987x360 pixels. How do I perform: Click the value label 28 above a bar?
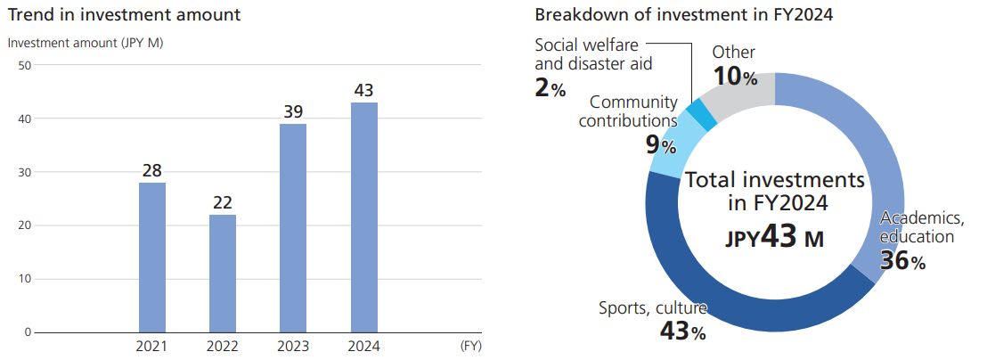pyautogui.click(x=152, y=170)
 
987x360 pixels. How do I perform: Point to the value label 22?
pyautogui.click(x=223, y=202)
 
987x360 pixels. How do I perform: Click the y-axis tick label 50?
pyautogui.click(x=24, y=65)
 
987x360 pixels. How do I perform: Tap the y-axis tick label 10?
pyautogui.click(x=24, y=279)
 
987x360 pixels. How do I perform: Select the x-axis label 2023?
pyautogui.click(x=293, y=347)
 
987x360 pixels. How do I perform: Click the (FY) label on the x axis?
pyautogui.click(x=470, y=347)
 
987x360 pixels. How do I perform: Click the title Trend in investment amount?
pyautogui.click(x=124, y=15)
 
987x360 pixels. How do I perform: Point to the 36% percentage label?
pyautogui.click(x=903, y=261)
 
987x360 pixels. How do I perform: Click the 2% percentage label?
pyautogui.click(x=551, y=89)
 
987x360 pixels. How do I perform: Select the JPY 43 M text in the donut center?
pyautogui.click(x=773, y=239)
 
